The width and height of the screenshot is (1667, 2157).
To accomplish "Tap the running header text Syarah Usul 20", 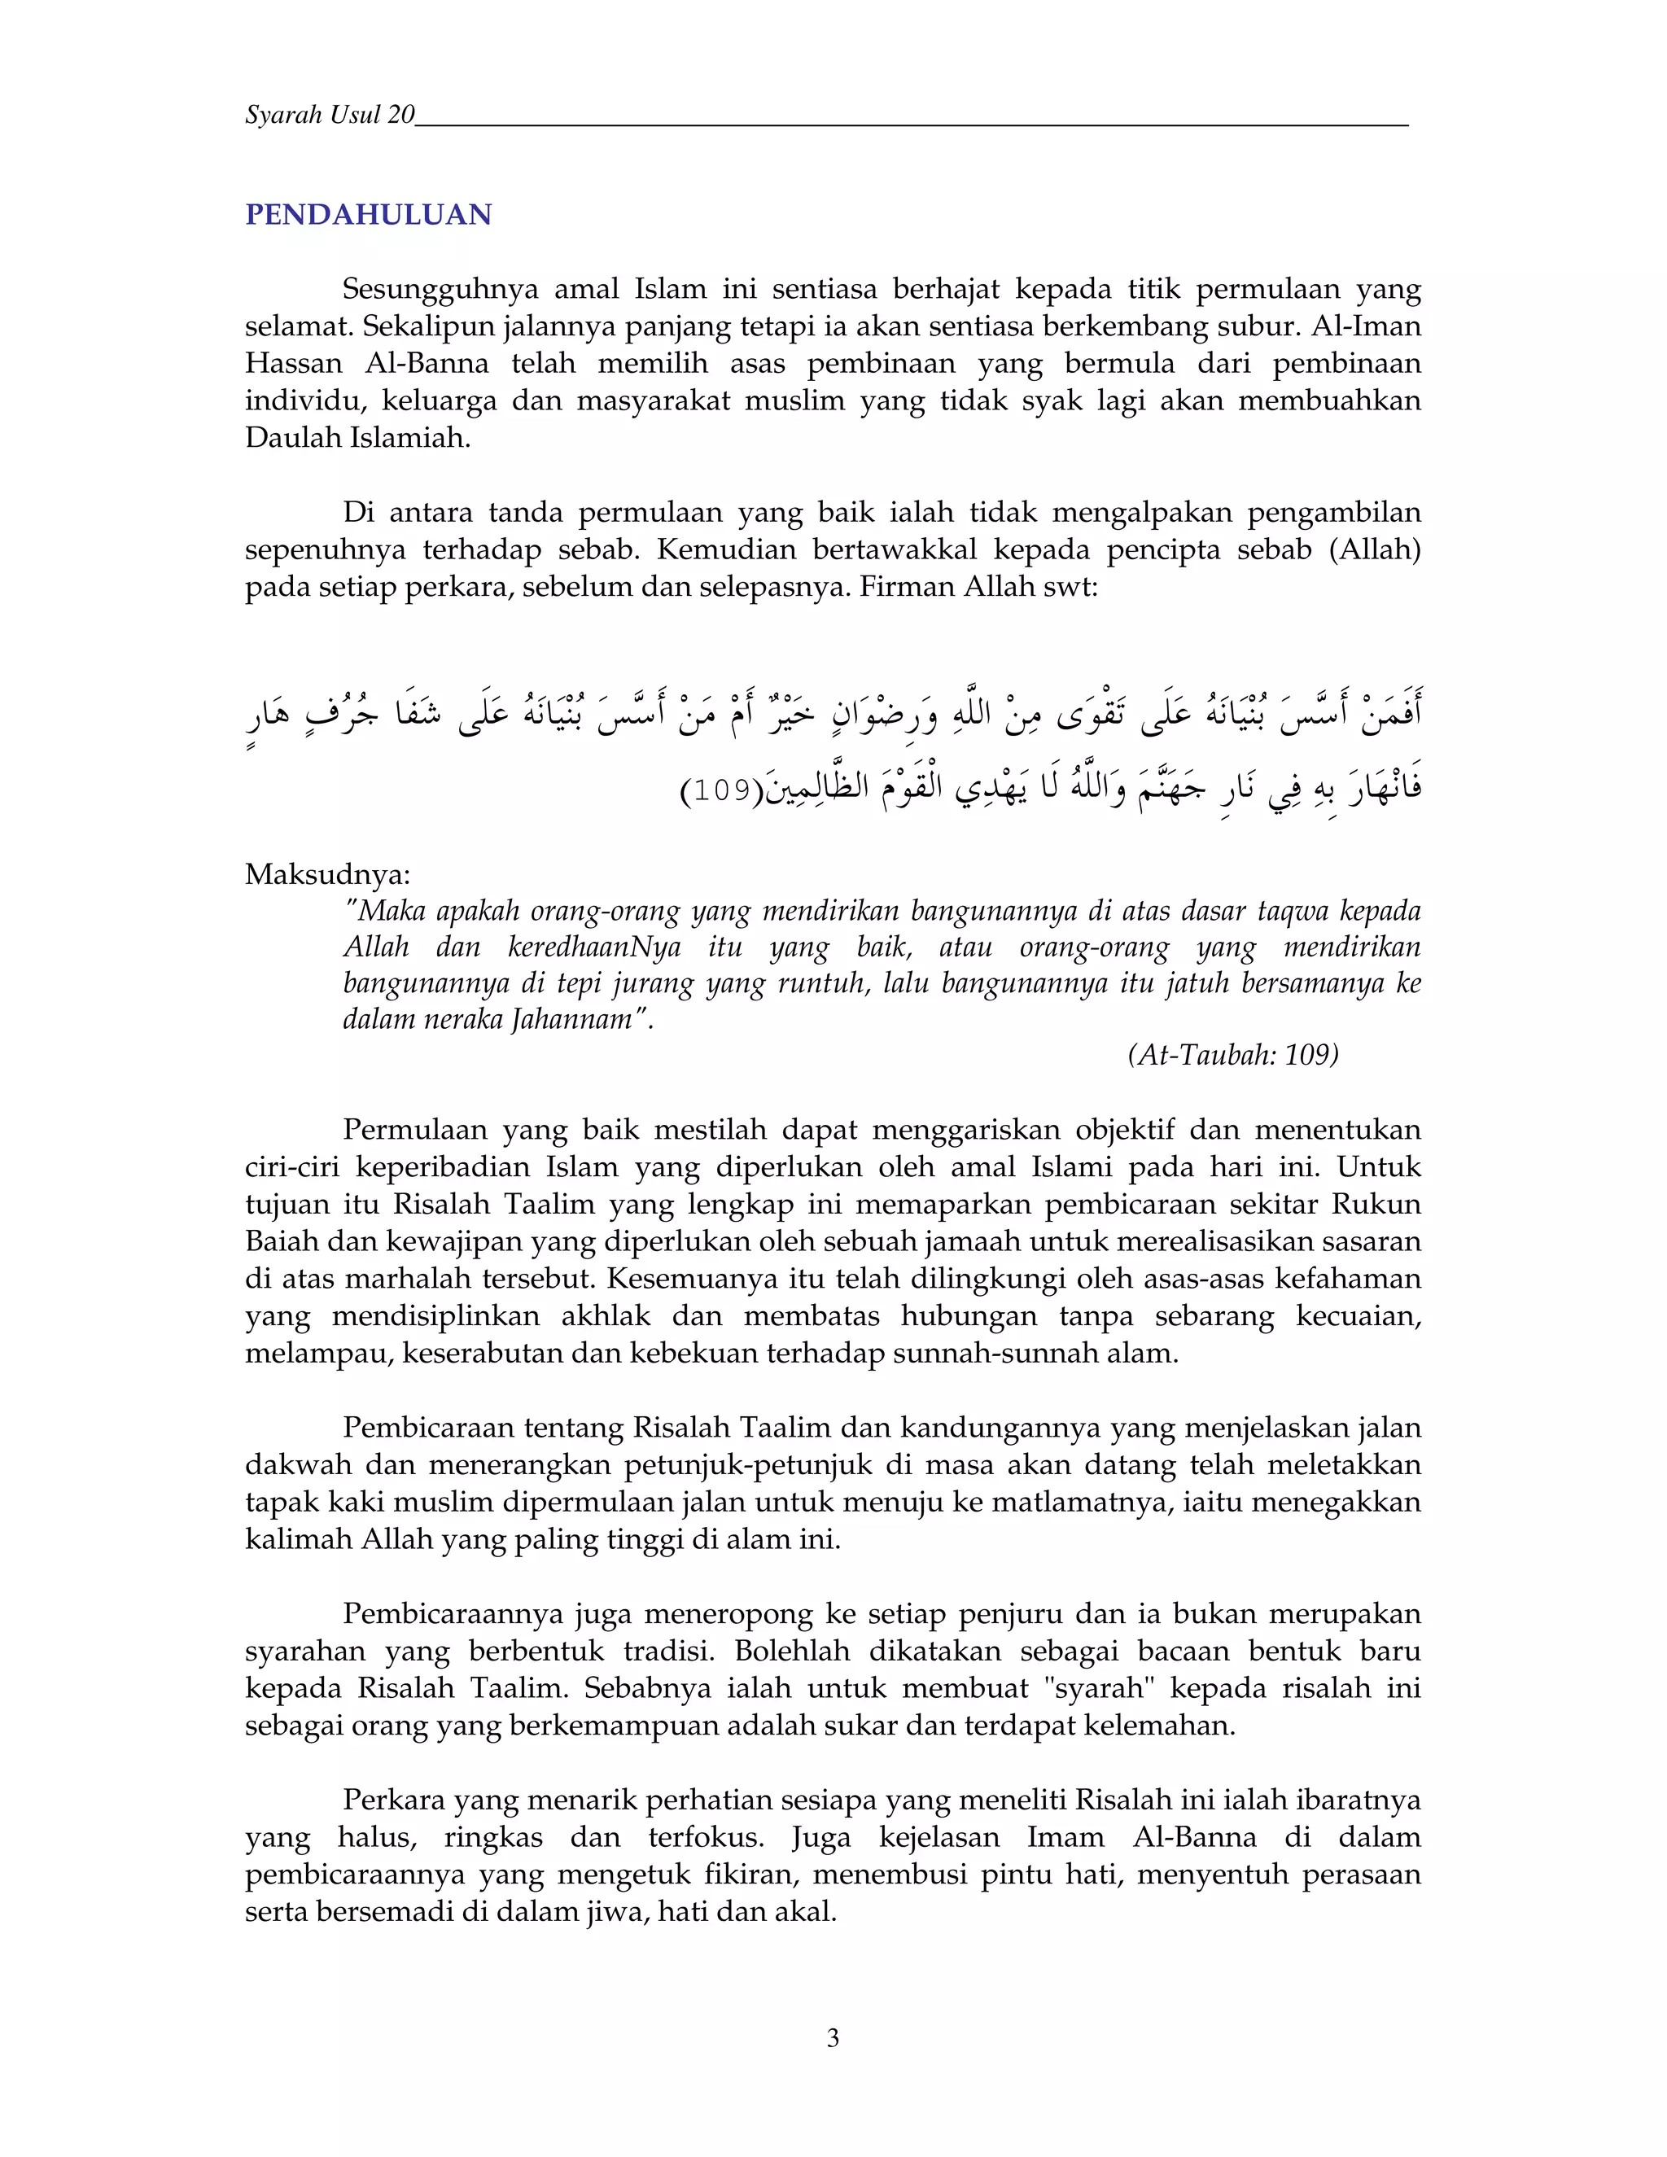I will click(330, 116).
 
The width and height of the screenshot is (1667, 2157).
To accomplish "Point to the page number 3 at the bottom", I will click(833, 2037).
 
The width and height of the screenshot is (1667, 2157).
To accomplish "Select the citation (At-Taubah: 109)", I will click(1232, 1055).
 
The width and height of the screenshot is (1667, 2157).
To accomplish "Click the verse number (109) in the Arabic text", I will click(722, 791).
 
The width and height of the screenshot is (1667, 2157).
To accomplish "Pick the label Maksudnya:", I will click(327, 874).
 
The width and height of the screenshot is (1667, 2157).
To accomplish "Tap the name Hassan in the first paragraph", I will click(293, 364).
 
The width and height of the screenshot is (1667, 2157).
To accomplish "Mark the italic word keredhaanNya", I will click(594, 947).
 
